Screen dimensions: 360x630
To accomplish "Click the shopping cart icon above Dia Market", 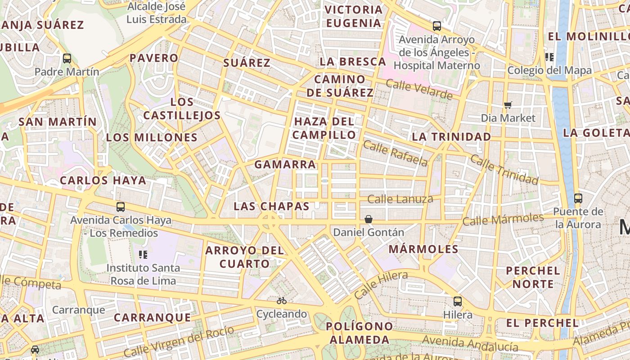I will tap(508, 105).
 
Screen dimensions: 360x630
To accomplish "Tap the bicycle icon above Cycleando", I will tap(282, 300).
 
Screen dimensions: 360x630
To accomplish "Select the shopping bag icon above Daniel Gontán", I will tap(368, 219).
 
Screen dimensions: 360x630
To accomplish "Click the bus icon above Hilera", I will tap(458, 301).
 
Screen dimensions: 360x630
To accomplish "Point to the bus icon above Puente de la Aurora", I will tap(578, 198).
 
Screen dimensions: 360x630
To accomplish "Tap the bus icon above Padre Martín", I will tap(67, 58).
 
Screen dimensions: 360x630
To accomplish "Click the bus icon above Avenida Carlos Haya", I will tap(121, 207).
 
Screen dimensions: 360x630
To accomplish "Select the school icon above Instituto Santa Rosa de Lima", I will tap(143, 255).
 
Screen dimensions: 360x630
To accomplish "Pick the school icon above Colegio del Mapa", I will tap(549, 57).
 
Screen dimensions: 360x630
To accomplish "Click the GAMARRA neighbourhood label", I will tap(285, 165).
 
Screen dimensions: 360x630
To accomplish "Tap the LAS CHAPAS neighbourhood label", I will tap(271, 207).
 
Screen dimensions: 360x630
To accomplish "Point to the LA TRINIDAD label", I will tap(451, 137).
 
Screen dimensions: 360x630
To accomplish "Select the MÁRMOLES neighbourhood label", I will tap(423, 249).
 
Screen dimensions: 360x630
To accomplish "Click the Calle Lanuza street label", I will tap(400, 199).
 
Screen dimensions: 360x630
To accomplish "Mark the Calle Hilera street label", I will tap(381, 285).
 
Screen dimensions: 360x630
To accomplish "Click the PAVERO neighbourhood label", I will tap(154, 58).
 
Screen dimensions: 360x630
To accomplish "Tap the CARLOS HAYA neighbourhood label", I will tap(103, 181).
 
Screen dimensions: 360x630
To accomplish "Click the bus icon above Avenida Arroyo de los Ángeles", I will tap(436, 26).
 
